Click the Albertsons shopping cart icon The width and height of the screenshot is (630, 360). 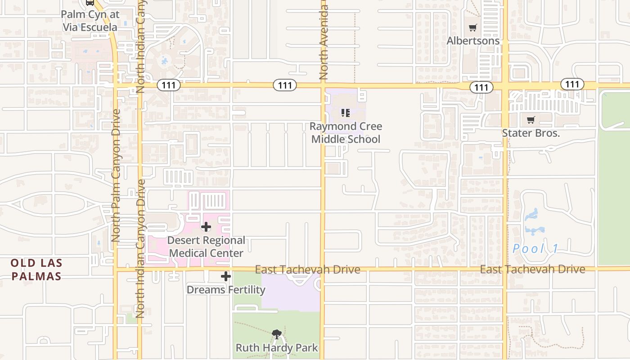(x=472, y=28)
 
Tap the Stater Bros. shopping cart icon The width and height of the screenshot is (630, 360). (x=531, y=120)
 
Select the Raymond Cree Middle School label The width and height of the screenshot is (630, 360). (x=346, y=133)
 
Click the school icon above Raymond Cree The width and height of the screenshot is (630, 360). (x=345, y=112)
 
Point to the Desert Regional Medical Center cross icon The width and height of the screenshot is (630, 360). (x=206, y=227)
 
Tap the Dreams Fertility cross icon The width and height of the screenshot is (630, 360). (x=226, y=276)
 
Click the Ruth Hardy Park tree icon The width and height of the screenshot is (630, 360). (x=277, y=334)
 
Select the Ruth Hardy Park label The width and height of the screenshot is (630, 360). (x=277, y=348)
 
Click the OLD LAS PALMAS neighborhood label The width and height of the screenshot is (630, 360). (x=36, y=270)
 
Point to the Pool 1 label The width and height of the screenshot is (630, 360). (x=535, y=248)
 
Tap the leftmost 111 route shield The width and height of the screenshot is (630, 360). (x=169, y=85)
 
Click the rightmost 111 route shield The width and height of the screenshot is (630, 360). (x=572, y=84)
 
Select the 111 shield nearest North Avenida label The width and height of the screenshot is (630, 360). (x=285, y=85)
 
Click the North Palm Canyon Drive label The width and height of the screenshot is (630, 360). (x=116, y=175)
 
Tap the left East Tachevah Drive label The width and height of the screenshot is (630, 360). (x=307, y=270)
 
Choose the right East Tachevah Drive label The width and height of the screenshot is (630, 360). (x=532, y=269)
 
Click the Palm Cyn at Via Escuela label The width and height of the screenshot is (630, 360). (x=90, y=21)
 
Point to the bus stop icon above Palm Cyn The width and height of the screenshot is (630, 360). (x=90, y=2)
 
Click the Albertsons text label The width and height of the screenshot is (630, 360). (x=472, y=41)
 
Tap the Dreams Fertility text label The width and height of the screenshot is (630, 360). (x=226, y=290)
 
